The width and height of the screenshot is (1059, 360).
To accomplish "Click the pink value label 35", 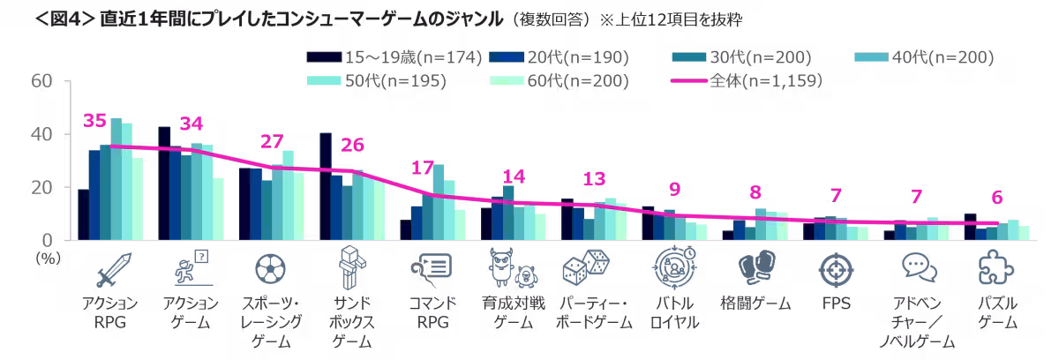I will pos(94,121).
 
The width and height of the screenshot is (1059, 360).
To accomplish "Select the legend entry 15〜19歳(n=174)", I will pos(394,58).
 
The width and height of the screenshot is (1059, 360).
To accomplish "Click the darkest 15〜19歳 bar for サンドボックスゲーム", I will pos(326,186).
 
